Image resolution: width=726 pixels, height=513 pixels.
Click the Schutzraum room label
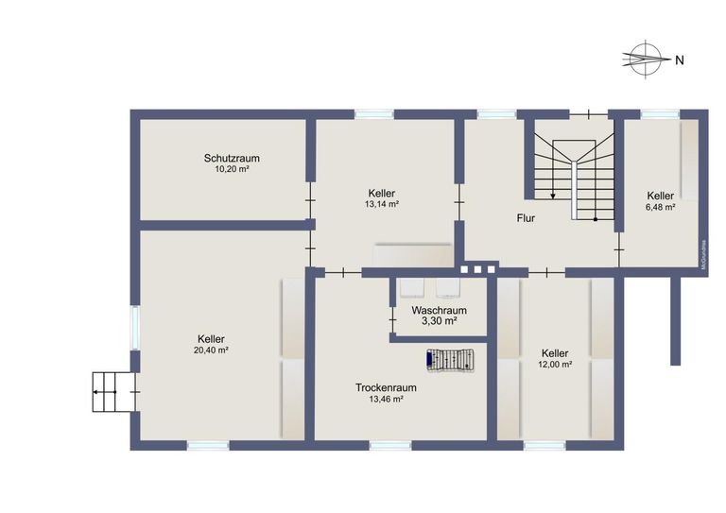click(x=232, y=158)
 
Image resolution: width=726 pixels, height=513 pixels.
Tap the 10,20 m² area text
click(x=232, y=170)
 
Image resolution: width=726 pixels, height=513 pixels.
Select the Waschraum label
click(x=440, y=310)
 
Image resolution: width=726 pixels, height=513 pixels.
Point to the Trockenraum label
click(x=387, y=387)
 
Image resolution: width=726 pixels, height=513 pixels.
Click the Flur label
click(x=526, y=218)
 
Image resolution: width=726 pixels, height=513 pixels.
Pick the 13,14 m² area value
click(x=382, y=204)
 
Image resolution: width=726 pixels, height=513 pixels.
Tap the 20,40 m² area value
click(x=212, y=351)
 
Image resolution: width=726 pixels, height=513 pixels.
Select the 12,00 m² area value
click(x=556, y=365)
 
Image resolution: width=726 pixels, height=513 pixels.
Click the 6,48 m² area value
click(x=660, y=207)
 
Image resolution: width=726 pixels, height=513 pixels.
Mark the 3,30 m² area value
click(x=440, y=321)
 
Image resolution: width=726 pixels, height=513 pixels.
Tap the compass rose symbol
click(x=644, y=58)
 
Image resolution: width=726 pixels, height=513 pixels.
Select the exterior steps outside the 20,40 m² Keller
click(x=112, y=391)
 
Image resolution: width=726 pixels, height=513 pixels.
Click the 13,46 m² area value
click(x=387, y=400)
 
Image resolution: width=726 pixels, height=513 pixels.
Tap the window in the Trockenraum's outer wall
click(x=389, y=444)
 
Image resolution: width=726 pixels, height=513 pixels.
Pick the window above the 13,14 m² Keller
click(x=373, y=114)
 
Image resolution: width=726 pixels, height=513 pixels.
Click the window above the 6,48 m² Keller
click(x=659, y=114)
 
